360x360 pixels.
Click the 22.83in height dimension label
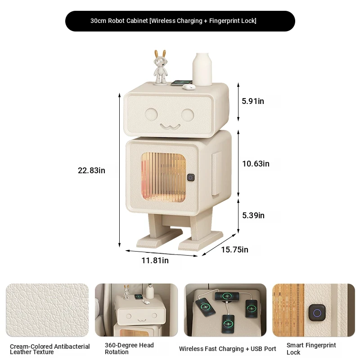(91, 171)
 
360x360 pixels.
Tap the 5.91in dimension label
(253, 101)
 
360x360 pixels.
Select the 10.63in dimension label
(256, 164)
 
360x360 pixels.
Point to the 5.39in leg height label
(253, 216)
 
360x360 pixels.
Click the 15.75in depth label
(234, 250)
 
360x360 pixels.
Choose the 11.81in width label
(155, 261)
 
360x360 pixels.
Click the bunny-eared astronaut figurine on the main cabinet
(160, 67)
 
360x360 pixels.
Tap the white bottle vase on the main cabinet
(202, 69)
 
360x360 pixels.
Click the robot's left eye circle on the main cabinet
(151, 114)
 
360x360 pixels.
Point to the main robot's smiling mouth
(170, 126)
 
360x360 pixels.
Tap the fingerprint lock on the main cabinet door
(191, 177)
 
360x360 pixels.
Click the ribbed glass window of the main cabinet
(163, 177)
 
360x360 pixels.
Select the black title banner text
(173, 21)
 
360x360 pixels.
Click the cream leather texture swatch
(47, 310)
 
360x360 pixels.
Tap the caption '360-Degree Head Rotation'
(129, 348)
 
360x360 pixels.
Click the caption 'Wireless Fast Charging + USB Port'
(228, 349)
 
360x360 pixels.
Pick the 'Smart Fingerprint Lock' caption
(311, 348)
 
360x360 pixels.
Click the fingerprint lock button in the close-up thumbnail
(317, 313)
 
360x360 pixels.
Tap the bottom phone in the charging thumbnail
(228, 324)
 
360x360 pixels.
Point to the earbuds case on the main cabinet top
(189, 86)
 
